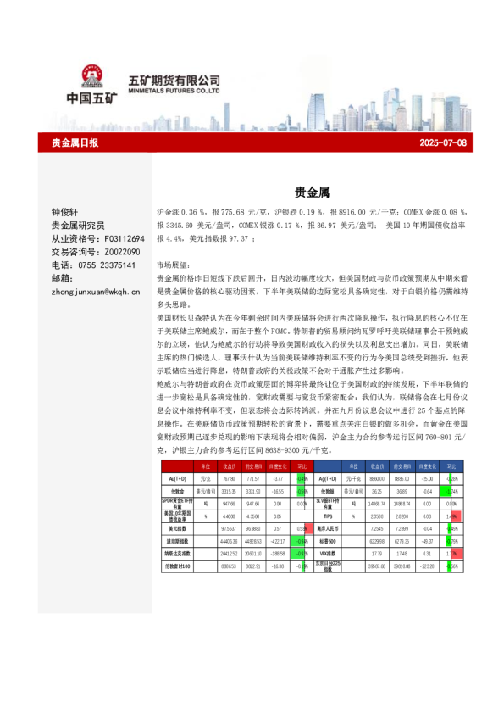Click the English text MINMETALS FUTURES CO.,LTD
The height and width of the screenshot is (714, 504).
tap(174, 88)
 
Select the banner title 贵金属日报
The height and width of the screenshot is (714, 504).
tap(75, 143)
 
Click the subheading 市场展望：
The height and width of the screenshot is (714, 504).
tap(174, 265)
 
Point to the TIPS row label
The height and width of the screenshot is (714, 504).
tap(330, 515)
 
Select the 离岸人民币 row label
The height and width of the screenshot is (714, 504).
tap(330, 527)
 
